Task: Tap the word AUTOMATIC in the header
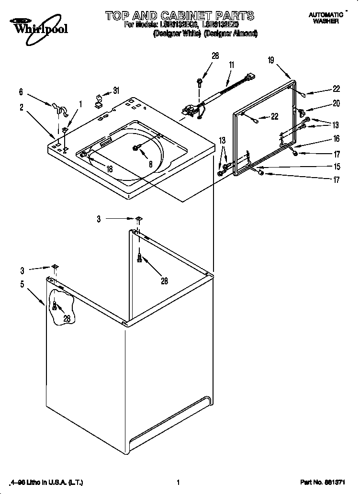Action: coord(326,15)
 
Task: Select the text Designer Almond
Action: coord(231,34)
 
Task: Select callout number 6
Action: coord(21,91)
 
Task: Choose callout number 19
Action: coord(271,60)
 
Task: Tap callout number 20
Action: coord(336,102)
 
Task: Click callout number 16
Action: coord(336,139)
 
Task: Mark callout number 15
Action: coord(337,167)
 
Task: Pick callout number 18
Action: coord(109,169)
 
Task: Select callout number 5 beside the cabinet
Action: coord(22,284)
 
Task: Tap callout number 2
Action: coord(22,108)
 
